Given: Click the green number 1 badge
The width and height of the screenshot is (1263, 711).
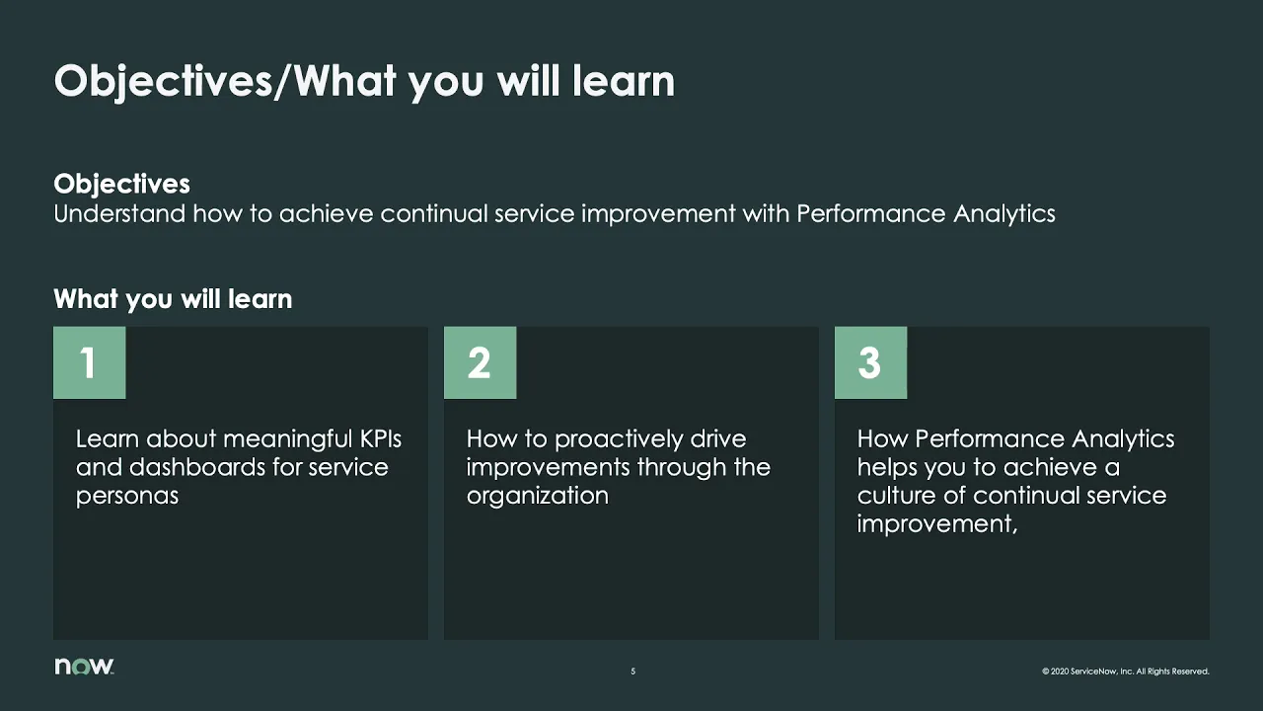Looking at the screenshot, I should (x=89, y=362).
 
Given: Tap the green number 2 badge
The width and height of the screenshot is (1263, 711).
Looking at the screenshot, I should (x=480, y=362).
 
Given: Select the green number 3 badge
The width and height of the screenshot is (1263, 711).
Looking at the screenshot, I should (x=870, y=362).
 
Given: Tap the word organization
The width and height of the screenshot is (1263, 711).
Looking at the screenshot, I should (x=537, y=496).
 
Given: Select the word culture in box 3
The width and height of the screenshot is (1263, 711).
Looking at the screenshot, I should (x=895, y=496).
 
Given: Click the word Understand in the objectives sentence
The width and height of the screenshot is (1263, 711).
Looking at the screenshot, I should (x=118, y=213).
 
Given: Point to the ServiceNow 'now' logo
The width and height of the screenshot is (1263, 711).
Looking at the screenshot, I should (x=84, y=667).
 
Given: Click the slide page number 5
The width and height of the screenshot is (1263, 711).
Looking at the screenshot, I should (x=632, y=671).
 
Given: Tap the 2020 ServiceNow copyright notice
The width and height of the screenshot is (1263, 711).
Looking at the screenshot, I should (x=1125, y=671).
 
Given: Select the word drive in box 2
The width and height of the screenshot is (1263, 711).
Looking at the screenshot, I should (x=717, y=438).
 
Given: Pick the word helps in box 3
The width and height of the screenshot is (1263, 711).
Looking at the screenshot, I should (x=886, y=467).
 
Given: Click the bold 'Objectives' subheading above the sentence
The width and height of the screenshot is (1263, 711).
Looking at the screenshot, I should (x=121, y=184).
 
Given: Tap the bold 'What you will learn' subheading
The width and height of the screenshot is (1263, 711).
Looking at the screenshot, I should (x=173, y=299).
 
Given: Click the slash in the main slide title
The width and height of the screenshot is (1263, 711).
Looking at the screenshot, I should (x=284, y=81).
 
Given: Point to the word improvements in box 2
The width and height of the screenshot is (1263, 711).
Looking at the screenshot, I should (x=548, y=467).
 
